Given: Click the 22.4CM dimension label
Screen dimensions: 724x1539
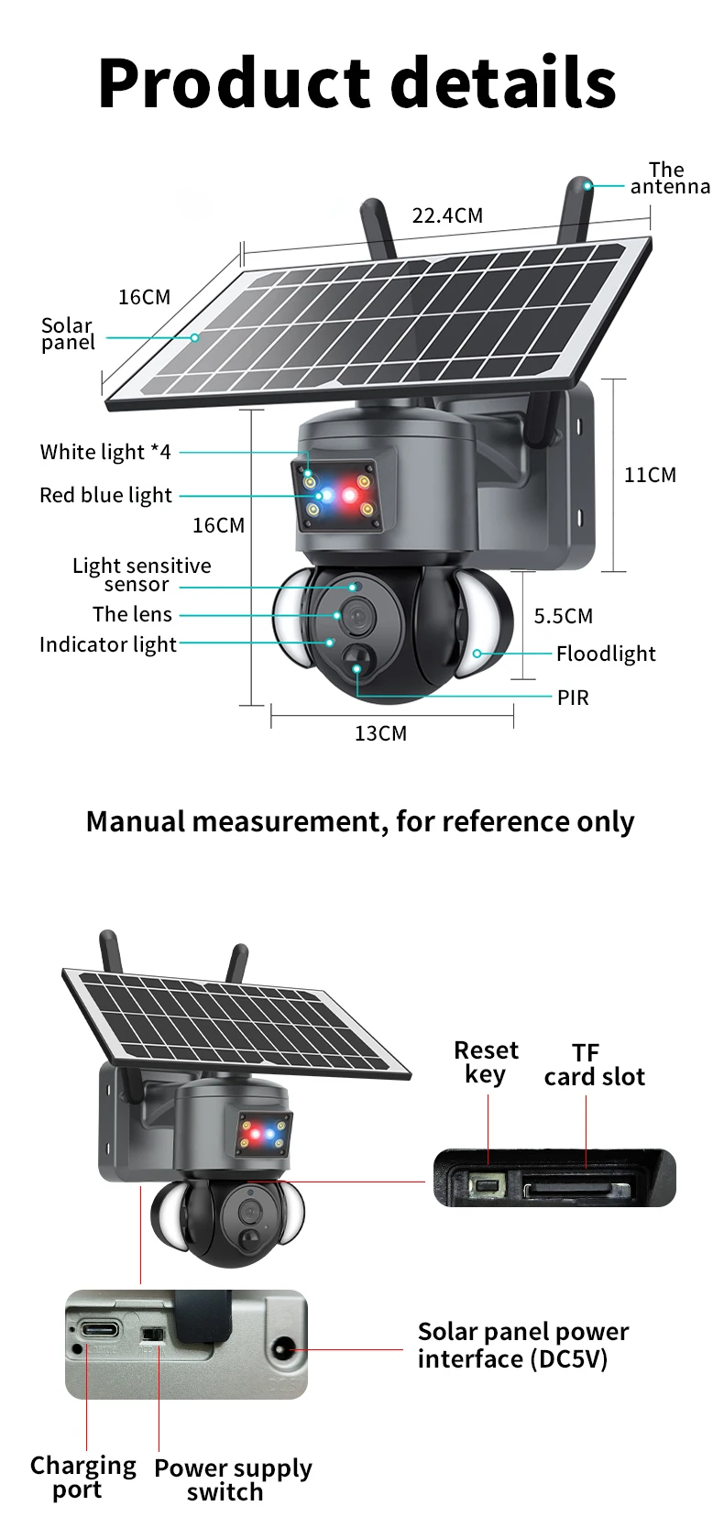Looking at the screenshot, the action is click(x=447, y=215).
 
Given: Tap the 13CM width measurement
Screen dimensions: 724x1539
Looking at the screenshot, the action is click(x=380, y=734).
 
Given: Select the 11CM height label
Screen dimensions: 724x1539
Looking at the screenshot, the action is click(x=650, y=475).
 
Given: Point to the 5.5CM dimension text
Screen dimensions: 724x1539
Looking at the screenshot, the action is click(x=564, y=616).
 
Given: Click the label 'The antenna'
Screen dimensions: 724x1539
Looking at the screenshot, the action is click(x=670, y=178).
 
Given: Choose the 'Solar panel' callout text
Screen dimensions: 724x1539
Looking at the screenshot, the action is click(x=67, y=334).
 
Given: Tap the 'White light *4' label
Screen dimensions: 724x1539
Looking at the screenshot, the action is click(x=105, y=452).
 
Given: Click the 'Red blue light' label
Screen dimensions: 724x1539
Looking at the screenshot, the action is click(x=105, y=495).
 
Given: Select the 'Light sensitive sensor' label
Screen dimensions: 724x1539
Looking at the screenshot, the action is click(x=141, y=575).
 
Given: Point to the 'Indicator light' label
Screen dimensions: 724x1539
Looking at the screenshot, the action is click(x=108, y=644).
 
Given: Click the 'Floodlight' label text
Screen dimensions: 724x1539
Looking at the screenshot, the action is click(x=606, y=654).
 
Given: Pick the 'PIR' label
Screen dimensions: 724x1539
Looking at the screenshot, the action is click(x=573, y=698).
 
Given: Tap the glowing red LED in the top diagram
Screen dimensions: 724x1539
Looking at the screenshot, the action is click(x=350, y=495).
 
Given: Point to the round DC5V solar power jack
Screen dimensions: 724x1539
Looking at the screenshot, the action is click(x=282, y=1348).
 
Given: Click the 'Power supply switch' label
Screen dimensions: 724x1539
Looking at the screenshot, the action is click(x=233, y=1479).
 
